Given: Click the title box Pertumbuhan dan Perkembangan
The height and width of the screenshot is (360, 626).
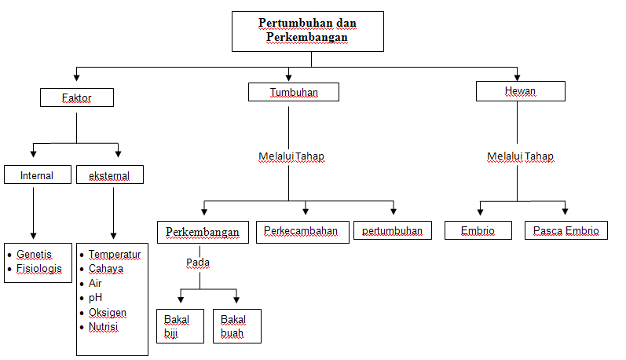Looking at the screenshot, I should point(307,31).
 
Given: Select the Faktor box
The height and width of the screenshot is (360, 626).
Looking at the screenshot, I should point(76,97).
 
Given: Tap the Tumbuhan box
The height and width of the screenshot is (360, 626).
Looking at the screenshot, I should point(294,92).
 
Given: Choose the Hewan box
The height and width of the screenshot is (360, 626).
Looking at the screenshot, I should point(520,91).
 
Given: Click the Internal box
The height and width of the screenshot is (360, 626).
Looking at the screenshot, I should point(38,175).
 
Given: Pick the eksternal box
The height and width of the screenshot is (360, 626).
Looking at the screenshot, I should point(110,175).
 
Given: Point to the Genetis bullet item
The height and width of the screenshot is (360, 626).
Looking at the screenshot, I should point(34,255).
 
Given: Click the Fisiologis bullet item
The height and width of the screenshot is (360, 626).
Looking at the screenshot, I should point(38,269).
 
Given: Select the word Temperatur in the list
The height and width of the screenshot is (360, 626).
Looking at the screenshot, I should point(115,255).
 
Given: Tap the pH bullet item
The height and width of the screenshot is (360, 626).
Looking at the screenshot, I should point(96,298).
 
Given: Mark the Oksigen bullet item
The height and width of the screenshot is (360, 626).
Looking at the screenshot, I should point(108,313).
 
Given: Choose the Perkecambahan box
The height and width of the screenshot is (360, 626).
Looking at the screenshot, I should point(301,231).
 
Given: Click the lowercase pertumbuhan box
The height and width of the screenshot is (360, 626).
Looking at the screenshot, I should point(392,231).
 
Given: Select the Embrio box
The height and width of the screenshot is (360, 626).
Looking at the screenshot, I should point(478,231).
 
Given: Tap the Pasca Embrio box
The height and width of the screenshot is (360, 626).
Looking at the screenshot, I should point(566,231).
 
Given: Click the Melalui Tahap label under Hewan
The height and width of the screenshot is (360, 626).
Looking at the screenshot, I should point(520,156).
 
